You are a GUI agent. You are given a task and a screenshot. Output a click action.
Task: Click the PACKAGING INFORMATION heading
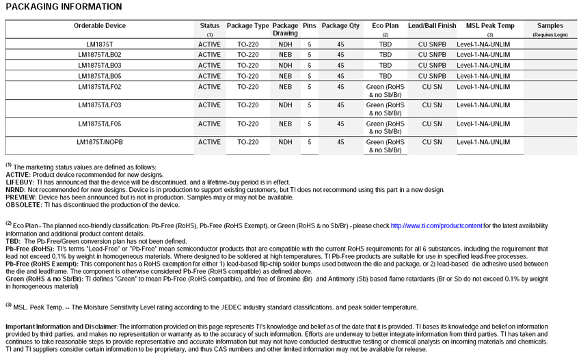64,7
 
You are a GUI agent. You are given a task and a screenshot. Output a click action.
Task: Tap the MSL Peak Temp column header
490,26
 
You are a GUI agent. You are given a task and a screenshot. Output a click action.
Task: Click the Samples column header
550,26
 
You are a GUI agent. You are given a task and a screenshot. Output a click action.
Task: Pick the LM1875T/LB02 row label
100,54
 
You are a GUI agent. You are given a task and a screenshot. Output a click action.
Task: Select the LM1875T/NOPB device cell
100,142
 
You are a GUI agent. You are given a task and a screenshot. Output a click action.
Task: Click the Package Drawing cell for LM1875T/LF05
285,124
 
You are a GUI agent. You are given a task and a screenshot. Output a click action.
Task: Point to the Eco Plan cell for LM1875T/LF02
386,91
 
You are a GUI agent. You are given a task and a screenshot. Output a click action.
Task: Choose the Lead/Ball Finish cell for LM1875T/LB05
432,76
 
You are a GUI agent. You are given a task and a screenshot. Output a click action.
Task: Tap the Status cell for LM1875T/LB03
210,65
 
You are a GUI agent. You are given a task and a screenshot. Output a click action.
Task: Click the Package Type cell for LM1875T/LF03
247,105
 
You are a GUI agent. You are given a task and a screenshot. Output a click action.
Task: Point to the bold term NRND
16,190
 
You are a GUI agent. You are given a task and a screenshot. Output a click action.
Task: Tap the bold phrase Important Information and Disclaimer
62,328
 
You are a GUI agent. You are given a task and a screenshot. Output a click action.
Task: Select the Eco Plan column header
386,26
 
